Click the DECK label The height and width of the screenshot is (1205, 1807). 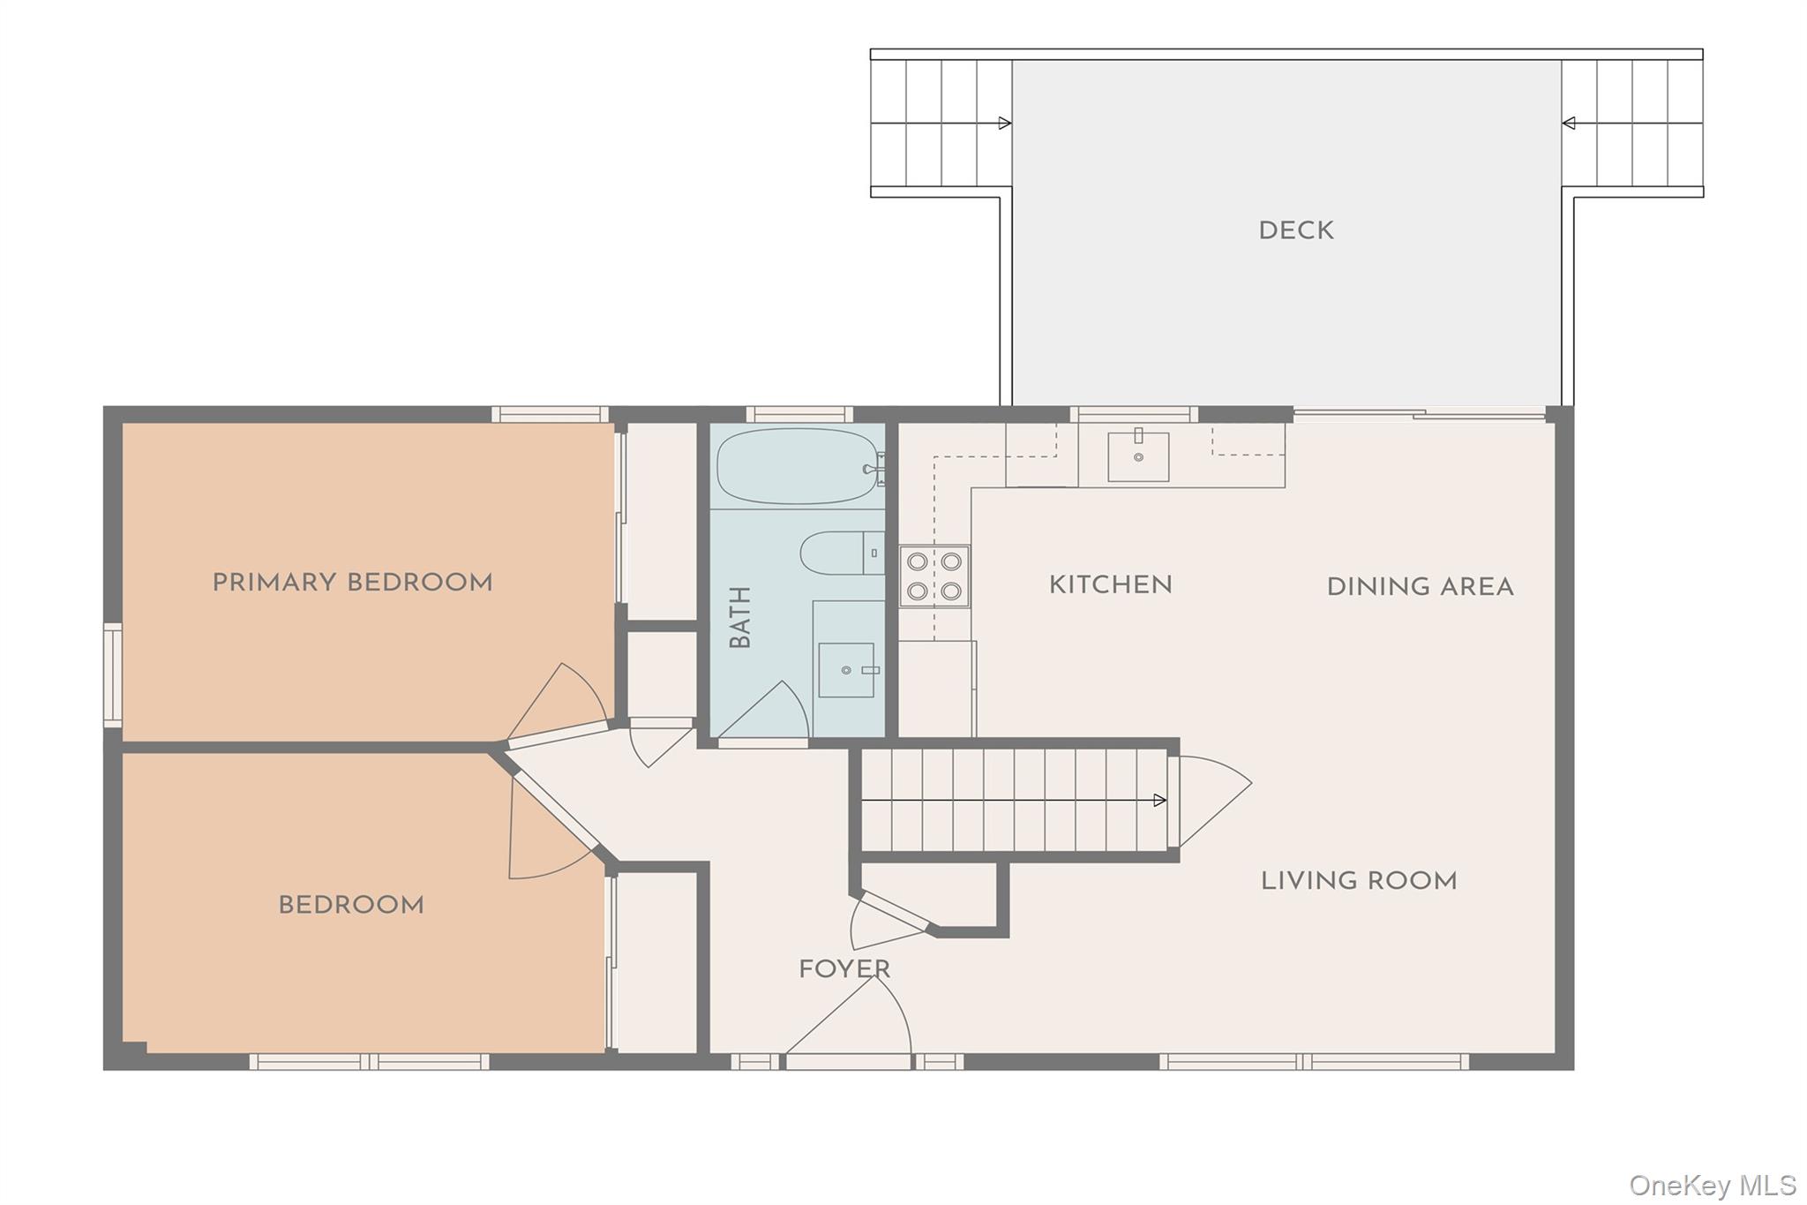(1295, 230)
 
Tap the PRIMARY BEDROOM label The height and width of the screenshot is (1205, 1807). (352, 583)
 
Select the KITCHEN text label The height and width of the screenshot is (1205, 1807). (1110, 584)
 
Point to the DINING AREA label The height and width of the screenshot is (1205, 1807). (1420, 587)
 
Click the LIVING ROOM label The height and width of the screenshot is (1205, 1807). (1359, 880)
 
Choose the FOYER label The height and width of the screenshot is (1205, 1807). (844, 969)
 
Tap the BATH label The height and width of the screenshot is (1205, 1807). (740, 617)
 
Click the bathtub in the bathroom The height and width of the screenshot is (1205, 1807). (799, 466)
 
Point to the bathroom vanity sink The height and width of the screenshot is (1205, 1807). (846, 670)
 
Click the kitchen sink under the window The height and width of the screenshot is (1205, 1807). (1138, 456)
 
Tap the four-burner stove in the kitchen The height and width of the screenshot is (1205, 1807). (934, 576)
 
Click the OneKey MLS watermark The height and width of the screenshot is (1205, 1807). (1712, 1185)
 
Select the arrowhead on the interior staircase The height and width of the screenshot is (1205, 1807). (1160, 801)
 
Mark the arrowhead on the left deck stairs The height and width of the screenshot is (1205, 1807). (1004, 124)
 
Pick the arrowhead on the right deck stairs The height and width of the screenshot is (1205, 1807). (1569, 124)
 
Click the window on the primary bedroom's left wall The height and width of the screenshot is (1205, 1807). (112, 675)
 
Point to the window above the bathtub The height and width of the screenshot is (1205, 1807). (799, 414)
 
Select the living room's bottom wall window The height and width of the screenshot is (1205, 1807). (1314, 1061)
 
